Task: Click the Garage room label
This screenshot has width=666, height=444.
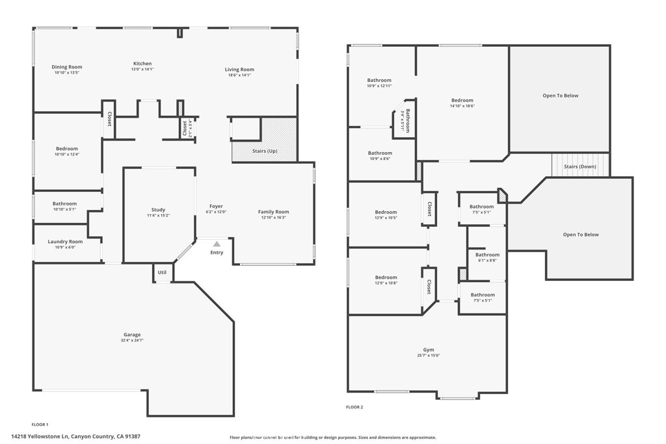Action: click(132, 335)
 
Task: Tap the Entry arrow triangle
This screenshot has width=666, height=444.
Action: click(217, 244)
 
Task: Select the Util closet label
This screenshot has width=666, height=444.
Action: click(162, 272)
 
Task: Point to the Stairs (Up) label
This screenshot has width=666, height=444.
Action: click(265, 151)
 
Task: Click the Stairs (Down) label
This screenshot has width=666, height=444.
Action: click(580, 166)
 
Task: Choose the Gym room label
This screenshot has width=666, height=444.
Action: click(428, 350)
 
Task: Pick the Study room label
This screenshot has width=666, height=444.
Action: click(158, 210)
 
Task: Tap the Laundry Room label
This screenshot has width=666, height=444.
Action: click(65, 242)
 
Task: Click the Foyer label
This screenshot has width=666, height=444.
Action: click(216, 207)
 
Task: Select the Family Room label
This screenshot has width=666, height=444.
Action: click(273, 212)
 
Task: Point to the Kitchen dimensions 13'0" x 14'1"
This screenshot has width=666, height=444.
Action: click(142, 69)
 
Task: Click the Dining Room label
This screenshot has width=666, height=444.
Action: click(67, 67)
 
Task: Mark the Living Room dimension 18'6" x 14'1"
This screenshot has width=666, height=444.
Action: click(239, 75)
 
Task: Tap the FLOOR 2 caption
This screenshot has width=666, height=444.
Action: click(354, 407)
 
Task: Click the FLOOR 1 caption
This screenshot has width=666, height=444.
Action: click(40, 424)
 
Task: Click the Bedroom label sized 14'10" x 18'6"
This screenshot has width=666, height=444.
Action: click(462, 101)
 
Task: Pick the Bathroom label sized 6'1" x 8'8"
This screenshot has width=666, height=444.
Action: click(487, 255)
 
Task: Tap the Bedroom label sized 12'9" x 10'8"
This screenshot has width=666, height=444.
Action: click(386, 278)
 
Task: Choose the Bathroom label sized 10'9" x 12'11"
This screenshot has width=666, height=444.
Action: click(379, 81)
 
